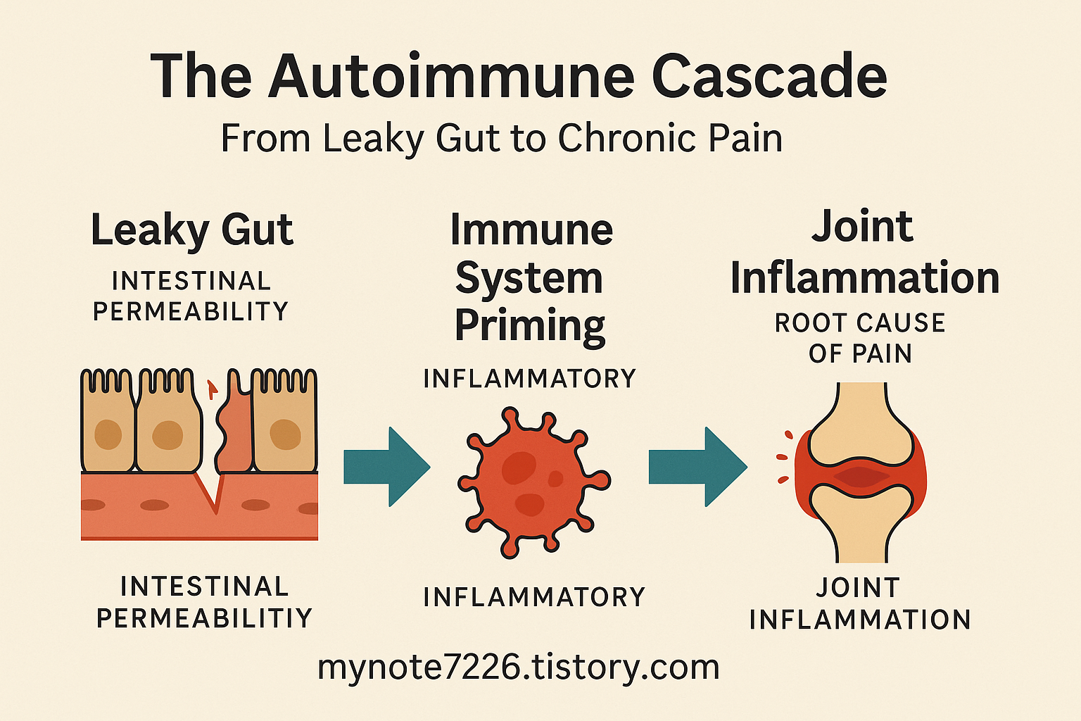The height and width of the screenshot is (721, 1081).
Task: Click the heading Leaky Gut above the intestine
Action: (x=191, y=231)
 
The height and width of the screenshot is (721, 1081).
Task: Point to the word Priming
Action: (x=529, y=326)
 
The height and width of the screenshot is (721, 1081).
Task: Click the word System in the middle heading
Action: (x=529, y=278)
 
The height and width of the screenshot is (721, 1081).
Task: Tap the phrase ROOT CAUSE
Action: (x=859, y=323)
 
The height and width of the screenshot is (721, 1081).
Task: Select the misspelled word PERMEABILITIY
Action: (x=204, y=618)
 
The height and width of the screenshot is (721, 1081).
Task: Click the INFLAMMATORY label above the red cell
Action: (x=529, y=379)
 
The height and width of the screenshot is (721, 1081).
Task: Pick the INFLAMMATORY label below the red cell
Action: (x=534, y=597)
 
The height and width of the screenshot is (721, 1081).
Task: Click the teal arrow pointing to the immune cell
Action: (x=386, y=467)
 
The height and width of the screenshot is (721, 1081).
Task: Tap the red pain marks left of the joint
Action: (x=783, y=458)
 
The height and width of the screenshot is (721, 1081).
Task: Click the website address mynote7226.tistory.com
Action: (x=519, y=667)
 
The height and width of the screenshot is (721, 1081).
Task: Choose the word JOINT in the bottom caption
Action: (x=857, y=588)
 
